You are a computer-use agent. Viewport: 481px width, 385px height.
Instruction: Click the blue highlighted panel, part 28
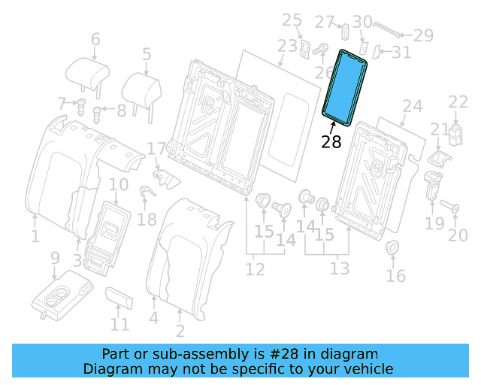point(345,85)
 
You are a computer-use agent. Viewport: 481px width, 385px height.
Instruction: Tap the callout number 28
point(331,141)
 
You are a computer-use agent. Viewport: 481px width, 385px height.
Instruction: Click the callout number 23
point(286,46)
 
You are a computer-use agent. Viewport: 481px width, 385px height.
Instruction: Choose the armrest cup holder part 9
point(60,293)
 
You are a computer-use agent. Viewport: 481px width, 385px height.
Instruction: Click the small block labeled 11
point(119,297)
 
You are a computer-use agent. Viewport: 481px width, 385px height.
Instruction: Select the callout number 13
point(340,268)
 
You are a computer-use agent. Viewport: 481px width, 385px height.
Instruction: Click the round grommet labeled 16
point(392,249)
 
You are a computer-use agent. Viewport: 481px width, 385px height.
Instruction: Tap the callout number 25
point(292,20)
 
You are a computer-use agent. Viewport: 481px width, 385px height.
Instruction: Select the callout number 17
point(156,149)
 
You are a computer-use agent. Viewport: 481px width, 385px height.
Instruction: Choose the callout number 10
point(119,185)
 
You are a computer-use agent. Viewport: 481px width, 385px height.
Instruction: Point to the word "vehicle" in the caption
point(368,368)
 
